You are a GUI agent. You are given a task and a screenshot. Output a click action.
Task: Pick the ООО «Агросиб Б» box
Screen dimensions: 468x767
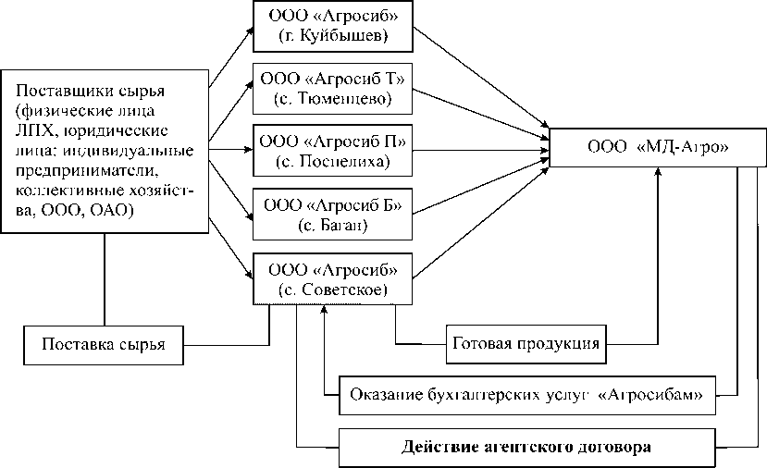[x=331, y=213]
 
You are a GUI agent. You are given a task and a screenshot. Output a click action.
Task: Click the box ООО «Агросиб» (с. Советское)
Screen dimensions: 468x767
[x=331, y=278]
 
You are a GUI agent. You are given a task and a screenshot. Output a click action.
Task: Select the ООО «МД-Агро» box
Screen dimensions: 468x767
[x=657, y=147]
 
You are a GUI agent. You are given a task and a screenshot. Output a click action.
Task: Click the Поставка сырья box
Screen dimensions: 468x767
[x=103, y=345]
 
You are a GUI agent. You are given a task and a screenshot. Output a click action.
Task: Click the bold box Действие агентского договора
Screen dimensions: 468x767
[x=526, y=448]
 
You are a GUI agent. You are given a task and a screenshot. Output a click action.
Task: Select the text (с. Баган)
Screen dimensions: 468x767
[x=333, y=224]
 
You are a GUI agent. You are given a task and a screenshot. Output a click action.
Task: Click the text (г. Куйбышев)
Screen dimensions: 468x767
[x=332, y=38]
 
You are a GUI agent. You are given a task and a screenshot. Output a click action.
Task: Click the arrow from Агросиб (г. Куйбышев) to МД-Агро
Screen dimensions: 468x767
[x=481, y=83]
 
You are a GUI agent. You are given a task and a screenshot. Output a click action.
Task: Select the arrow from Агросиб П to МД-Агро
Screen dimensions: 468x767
[x=481, y=145]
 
